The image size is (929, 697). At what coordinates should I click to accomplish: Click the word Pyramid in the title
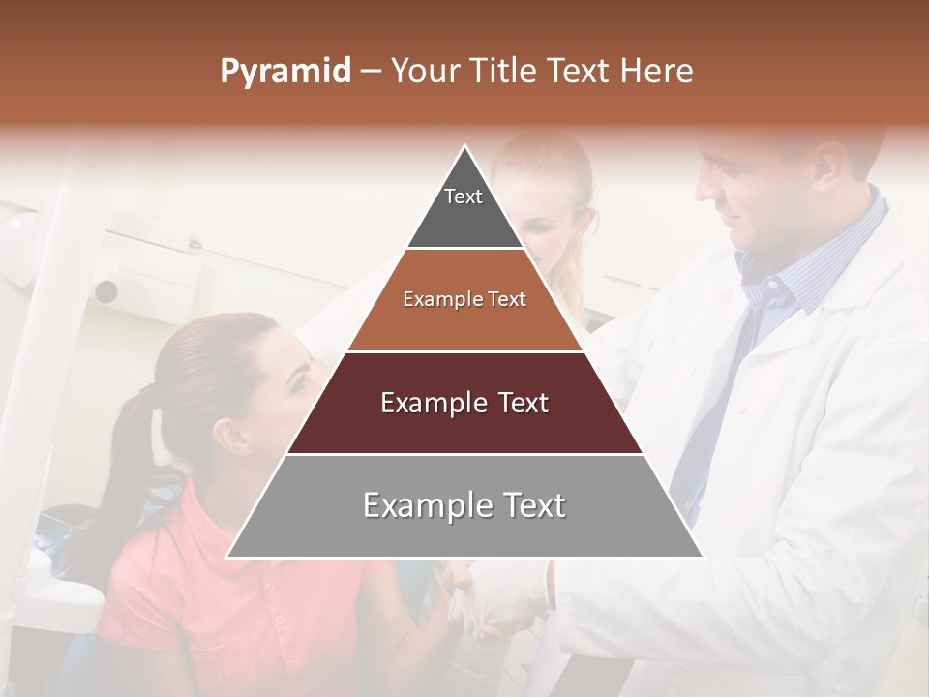coord(285,72)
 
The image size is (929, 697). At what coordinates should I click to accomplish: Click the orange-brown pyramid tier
coord(464,300)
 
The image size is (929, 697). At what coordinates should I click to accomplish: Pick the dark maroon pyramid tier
coord(464,404)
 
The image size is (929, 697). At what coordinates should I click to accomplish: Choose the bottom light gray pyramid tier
coord(464,506)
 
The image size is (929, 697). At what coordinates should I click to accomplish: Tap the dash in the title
coord(370,72)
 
